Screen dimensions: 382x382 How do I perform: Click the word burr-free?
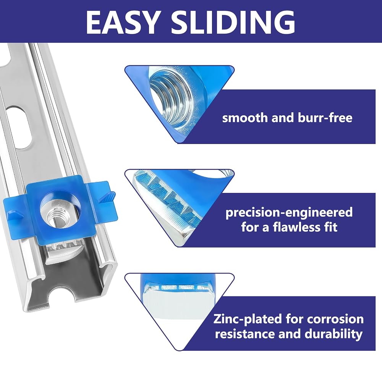pos(325,118)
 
